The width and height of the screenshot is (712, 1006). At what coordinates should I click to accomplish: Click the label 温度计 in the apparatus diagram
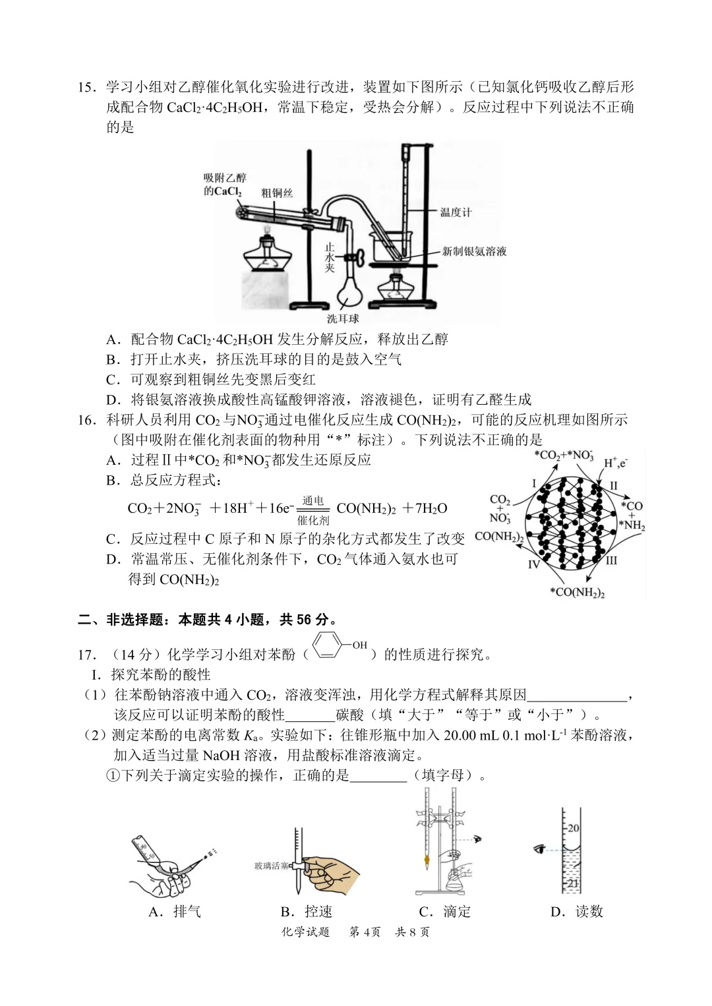[x=456, y=212]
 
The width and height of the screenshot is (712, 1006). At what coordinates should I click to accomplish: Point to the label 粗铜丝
[x=276, y=192]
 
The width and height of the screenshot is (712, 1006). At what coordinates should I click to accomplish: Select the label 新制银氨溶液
[x=474, y=251]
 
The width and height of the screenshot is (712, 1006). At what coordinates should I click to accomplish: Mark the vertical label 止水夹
[x=330, y=258]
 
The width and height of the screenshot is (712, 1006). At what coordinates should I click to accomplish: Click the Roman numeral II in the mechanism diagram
[x=613, y=486]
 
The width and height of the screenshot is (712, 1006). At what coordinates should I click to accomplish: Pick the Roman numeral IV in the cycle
[x=533, y=564]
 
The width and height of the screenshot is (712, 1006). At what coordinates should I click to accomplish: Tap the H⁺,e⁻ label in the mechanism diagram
[x=616, y=463]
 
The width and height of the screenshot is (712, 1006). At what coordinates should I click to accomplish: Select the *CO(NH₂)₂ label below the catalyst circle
[x=577, y=592]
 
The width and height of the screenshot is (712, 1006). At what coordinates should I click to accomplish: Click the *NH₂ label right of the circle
[x=632, y=525]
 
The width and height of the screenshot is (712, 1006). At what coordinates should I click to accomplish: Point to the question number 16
[x=87, y=420]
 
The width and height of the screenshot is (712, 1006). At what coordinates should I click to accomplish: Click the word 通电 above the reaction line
[x=312, y=500]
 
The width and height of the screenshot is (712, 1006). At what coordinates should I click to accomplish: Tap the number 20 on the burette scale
[x=574, y=828]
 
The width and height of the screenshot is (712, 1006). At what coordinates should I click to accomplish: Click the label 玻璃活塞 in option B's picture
[x=271, y=866]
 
